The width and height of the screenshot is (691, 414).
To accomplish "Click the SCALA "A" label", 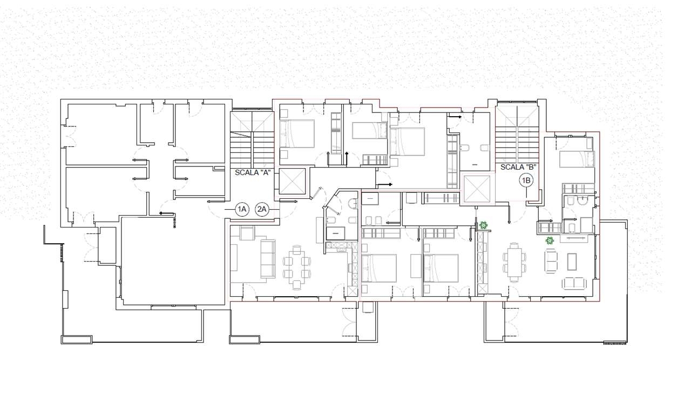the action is tap(252, 173).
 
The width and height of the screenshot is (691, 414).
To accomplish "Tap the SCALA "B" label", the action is tap(518, 167).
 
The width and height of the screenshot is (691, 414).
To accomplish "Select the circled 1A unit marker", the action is tap(242, 210).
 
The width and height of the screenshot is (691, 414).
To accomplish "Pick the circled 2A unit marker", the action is tap(262, 210).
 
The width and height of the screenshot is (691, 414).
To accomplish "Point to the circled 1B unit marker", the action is tap(526, 180).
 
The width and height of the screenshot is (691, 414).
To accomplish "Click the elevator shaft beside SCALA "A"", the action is tap(292, 182).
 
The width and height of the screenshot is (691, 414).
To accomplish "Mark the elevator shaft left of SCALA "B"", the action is tap(477, 189).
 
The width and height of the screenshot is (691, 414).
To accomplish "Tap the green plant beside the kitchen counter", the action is tap(483, 225).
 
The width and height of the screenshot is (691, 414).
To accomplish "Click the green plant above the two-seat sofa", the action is tap(550, 240).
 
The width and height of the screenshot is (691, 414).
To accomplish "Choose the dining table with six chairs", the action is tap(514, 262).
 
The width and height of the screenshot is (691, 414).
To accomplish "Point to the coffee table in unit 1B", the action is tap(572, 262).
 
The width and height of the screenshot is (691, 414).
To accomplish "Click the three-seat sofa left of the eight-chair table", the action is tap(268, 258).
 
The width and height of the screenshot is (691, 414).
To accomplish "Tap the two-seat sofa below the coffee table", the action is tap(574, 283).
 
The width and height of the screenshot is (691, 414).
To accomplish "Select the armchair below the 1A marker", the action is tap(247, 232).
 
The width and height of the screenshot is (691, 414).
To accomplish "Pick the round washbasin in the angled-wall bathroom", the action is tap(353, 203).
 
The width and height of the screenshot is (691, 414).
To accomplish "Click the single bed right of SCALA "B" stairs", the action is tap(576, 159).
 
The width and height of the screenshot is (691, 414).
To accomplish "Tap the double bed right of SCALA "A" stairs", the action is tap(297, 133).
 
